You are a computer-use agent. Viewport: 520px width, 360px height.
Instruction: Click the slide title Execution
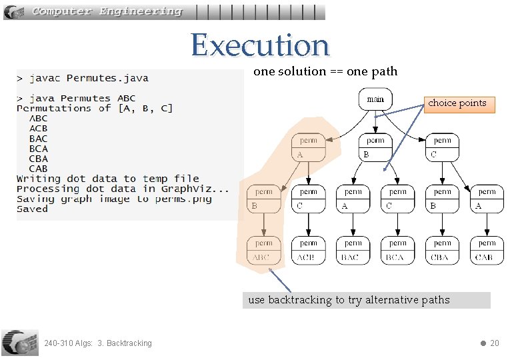pyautogui.click(x=260, y=45)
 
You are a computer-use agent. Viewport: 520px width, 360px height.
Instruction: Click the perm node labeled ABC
pyautogui.click(x=264, y=250)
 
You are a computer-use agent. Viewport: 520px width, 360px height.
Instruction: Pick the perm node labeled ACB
pyautogui.click(x=308, y=250)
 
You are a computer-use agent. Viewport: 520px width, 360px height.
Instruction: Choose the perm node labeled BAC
pyautogui.click(x=353, y=250)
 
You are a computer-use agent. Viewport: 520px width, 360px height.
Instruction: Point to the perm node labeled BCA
pyautogui.click(x=397, y=250)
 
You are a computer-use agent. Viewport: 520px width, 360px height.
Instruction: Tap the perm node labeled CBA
pyautogui.click(x=442, y=250)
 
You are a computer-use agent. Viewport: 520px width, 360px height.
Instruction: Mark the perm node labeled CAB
pyautogui.click(x=487, y=250)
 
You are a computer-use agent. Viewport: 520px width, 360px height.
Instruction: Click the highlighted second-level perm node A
pyautogui.click(x=308, y=147)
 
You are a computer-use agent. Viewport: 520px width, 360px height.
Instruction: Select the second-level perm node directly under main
pyautogui.click(x=375, y=147)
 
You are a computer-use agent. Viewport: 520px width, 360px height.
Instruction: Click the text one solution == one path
pyautogui.click(x=325, y=71)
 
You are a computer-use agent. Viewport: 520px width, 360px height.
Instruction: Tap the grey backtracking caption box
pyautogui.click(x=367, y=300)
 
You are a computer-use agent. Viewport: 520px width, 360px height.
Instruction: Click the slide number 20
pyautogui.click(x=494, y=343)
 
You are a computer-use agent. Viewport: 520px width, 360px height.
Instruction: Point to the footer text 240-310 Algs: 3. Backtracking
pyautogui.click(x=97, y=343)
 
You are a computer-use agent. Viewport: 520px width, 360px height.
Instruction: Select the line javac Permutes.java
pyautogui.click(x=83, y=79)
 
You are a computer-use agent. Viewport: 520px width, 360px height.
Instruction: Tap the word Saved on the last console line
pyautogui.click(x=32, y=209)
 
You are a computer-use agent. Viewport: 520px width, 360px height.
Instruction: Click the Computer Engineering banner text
pyautogui.click(x=107, y=11)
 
